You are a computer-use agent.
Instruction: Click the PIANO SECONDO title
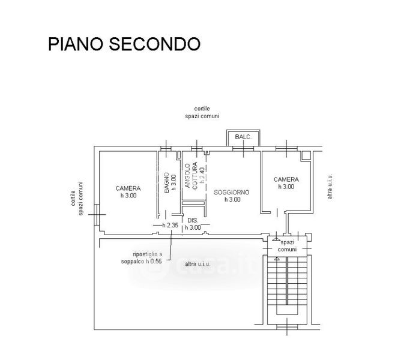pos(124,44)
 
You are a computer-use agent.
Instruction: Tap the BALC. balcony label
pos(243,137)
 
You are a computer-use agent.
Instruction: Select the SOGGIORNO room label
pos(232,193)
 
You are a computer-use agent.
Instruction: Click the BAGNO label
pos(166,183)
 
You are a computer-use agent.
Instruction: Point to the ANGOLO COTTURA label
pos(191,176)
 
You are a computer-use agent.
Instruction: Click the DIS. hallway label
pos(193,221)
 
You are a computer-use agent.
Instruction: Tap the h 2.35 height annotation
pos(170,225)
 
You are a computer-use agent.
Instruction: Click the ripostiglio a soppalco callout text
pos(142,258)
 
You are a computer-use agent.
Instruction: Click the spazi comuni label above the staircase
pos(287,246)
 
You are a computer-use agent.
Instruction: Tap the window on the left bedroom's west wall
pos(97,215)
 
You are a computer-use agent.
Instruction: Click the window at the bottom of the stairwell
pos(287,327)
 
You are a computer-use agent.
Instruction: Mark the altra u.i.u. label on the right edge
pos(330,186)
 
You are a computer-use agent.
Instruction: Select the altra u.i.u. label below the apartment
pos(197,264)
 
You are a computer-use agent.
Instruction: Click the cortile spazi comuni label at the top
pos(202,112)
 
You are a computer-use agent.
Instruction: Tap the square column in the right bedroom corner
pos(306,155)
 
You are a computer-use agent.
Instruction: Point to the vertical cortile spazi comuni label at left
pos(77,199)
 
